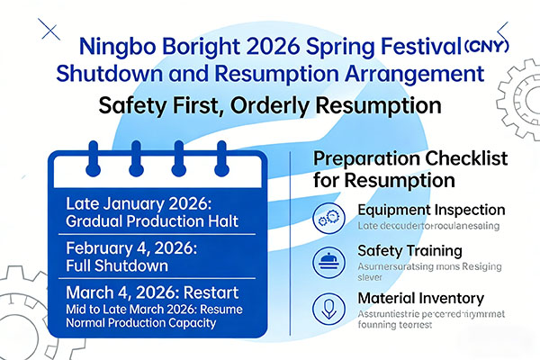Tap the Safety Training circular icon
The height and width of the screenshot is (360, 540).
click(x=325, y=262)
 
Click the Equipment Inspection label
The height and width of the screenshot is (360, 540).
click(x=420, y=210)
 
